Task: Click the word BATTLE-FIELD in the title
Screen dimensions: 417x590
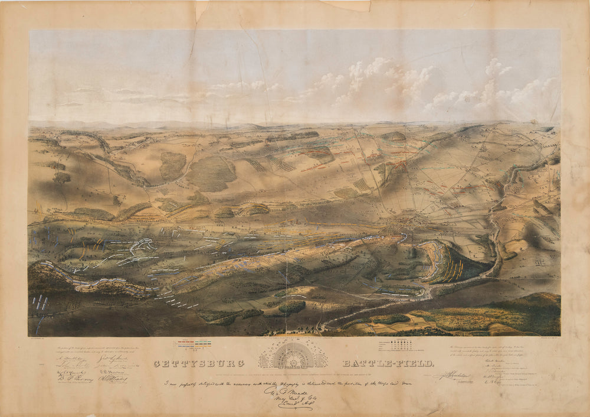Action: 388,363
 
